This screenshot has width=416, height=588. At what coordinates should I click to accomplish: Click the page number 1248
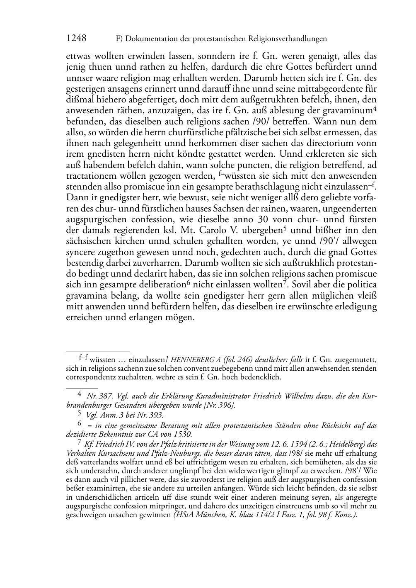tap(76, 39)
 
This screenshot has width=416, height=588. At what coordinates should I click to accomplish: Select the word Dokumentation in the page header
tap(151, 39)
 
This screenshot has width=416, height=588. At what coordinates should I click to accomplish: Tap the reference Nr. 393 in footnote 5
tap(151, 415)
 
